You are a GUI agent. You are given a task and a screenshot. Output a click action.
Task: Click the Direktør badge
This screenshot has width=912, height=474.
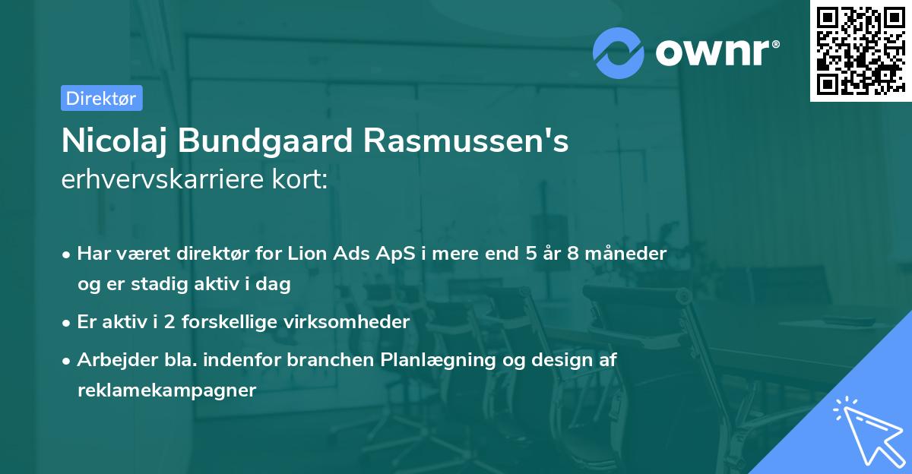tap(101, 98)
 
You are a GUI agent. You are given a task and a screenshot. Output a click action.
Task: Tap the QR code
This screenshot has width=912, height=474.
tap(860, 51)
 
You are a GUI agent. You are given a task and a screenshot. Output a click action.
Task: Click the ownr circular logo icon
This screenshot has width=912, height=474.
tap(619, 53)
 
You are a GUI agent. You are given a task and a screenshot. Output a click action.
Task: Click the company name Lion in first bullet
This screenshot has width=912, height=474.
tap(307, 254)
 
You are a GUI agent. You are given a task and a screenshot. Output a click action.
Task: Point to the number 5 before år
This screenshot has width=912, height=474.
tap(530, 254)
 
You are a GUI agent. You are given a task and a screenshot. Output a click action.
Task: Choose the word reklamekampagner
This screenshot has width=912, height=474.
tap(166, 390)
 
